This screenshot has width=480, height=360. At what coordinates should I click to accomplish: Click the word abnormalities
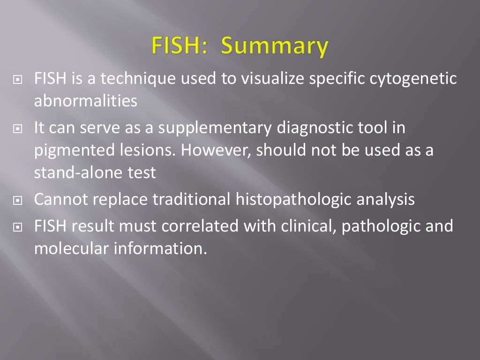[86, 101]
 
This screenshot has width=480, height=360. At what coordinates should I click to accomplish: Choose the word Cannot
[61, 200]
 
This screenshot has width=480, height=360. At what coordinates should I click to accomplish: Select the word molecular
[70, 248]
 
